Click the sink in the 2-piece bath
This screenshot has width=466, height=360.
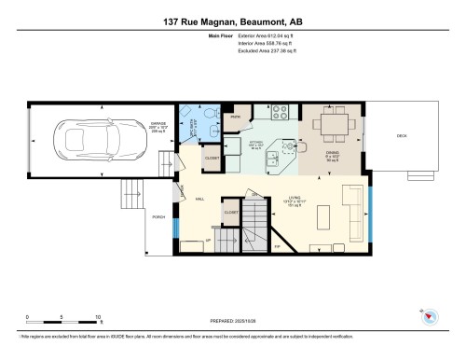[211, 142]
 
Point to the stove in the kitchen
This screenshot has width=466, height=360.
[279, 113]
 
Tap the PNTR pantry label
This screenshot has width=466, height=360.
[237, 117]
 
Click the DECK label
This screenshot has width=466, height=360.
[402, 137]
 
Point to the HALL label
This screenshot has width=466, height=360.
[200, 199]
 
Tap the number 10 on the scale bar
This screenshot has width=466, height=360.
[98, 317]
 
